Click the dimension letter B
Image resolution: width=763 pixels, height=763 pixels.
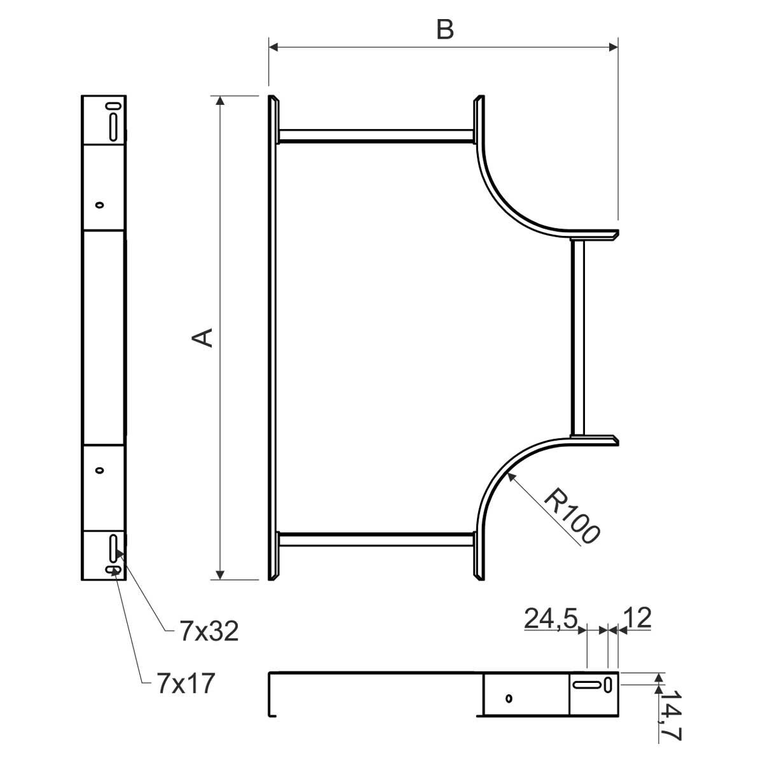(x=444, y=29)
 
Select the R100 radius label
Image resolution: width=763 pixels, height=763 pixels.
(x=572, y=516)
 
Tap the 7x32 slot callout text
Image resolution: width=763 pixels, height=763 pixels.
(x=209, y=631)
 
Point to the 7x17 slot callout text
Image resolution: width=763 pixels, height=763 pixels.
(x=186, y=683)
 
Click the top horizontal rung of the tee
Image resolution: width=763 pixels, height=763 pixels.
(x=376, y=136)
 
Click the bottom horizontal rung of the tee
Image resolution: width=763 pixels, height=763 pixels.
(x=376, y=539)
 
